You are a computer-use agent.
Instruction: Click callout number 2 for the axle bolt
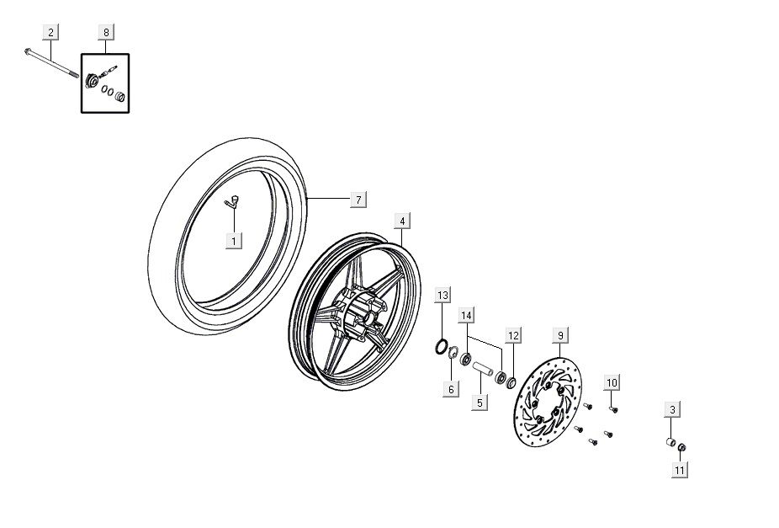[x=50, y=33]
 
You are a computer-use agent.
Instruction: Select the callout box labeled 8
[x=106, y=33]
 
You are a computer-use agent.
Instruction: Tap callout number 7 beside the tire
[x=358, y=200]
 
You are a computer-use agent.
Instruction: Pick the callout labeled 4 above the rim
[x=402, y=221]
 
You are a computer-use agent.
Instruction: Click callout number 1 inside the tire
[x=233, y=240]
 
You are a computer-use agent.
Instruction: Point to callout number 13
[x=442, y=295]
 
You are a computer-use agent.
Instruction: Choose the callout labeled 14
[x=467, y=315]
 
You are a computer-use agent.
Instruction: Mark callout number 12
[x=512, y=335]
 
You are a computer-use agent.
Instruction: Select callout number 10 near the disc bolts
[x=612, y=382]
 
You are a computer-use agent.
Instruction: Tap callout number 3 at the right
[x=671, y=410]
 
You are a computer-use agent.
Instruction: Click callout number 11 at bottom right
[x=679, y=470]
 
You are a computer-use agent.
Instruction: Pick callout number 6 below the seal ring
[x=451, y=389]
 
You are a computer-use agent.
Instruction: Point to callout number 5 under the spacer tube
[x=479, y=403]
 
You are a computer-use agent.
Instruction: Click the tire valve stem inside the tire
[x=233, y=200]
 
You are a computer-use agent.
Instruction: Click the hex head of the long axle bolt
[x=29, y=51]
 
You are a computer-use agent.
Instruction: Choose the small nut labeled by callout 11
[x=681, y=447]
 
